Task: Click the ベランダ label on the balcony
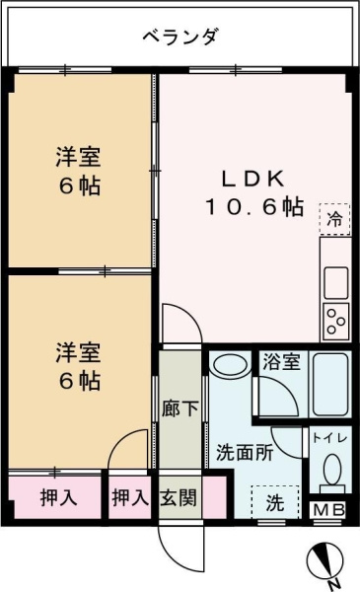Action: point(180,37)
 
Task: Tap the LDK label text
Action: point(252,179)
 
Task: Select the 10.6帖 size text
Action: point(254,207)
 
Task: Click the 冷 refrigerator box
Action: point(334,219)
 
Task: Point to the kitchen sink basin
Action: point(336,283)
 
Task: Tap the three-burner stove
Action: point(336,322)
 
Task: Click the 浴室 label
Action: point(281,361)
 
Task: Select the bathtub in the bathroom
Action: point(330,385)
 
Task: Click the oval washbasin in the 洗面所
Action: point(230,364)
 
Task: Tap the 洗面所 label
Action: point(245,453)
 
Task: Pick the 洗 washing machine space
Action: point(275,502)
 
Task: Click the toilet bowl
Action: point(332,468)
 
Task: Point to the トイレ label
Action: point(329,438)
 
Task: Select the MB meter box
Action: point(329,510)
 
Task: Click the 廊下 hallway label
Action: point(180,408)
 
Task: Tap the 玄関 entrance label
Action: point(179,497)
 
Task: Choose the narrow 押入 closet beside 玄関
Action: point(130,497)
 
